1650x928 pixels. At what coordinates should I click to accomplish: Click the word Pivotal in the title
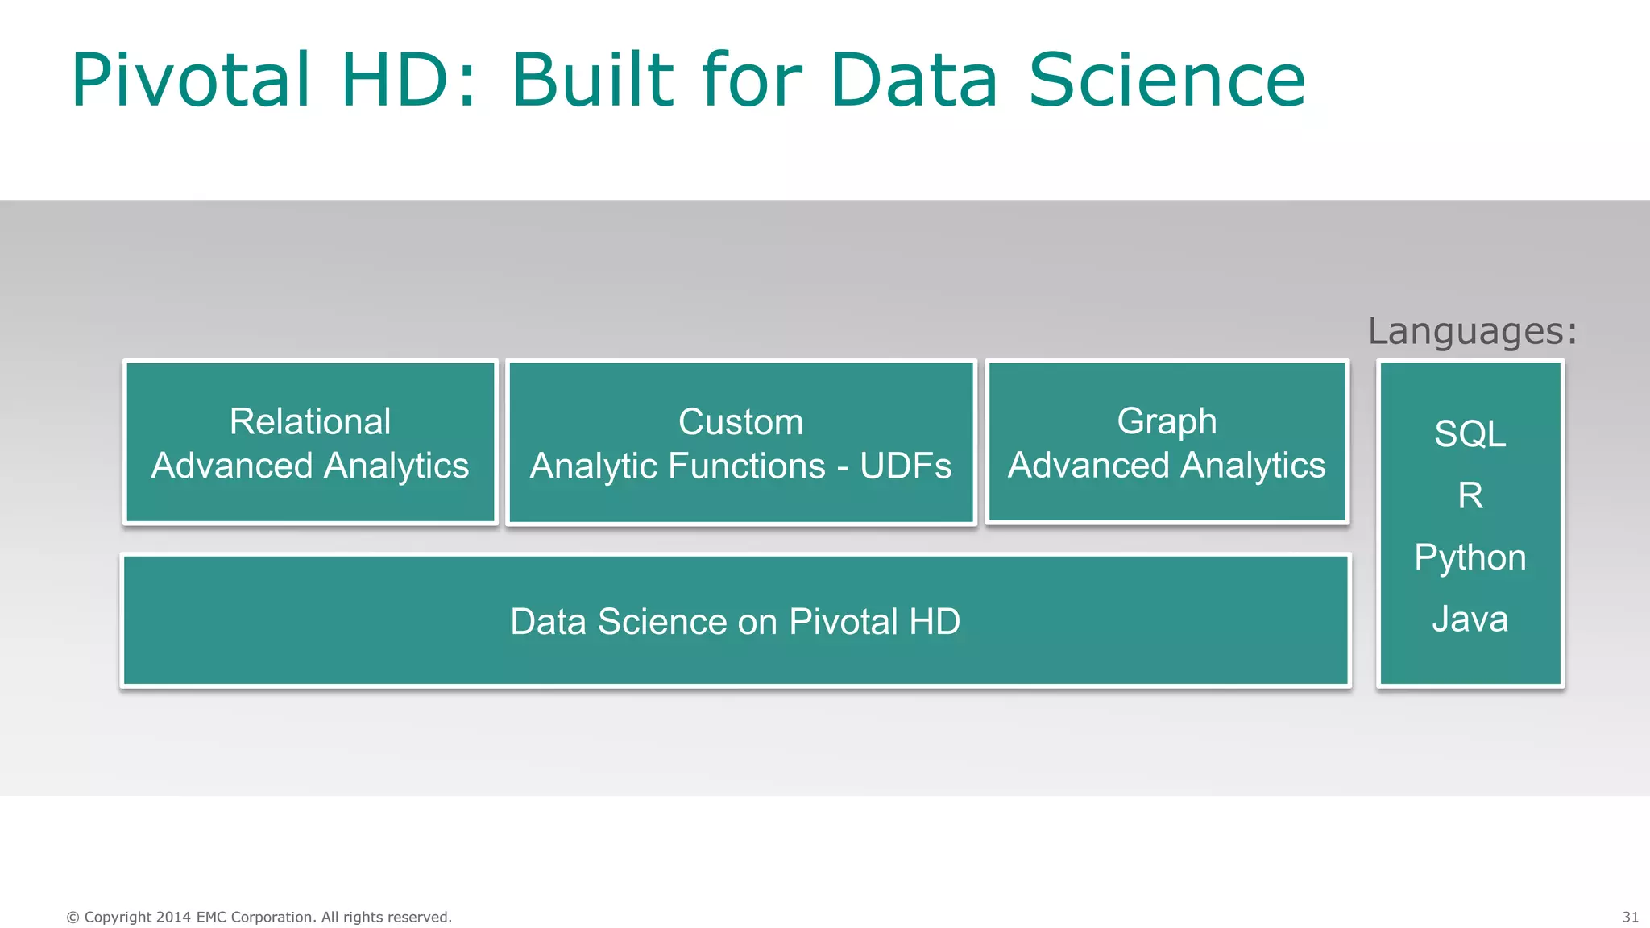click(191, 80)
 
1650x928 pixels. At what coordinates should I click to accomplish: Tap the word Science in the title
click(1167, 80)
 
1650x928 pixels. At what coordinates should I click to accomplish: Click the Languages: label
click(1472, 331)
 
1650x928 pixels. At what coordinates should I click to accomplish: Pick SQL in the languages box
click(1470, 434)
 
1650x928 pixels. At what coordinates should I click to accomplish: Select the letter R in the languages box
click(1470, 495)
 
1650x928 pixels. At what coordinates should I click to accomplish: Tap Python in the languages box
click(1470, 558)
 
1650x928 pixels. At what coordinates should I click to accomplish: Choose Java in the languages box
click(1470, 619)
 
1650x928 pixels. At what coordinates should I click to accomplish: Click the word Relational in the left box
click(310, 421)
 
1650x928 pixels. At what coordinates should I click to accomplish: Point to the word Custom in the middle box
click(740, 422)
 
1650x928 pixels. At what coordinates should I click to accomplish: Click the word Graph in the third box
click(1166, 421)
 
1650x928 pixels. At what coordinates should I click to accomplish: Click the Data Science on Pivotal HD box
click(735, 621)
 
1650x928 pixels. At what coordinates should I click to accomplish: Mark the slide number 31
click(1630, 917)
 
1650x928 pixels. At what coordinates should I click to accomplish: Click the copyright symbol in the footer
click(73, 917)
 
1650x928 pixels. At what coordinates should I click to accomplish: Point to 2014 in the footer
click(173, 917)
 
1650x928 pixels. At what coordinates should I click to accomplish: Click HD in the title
click(394, 80)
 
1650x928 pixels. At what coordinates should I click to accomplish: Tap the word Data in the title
click(914, 80)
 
